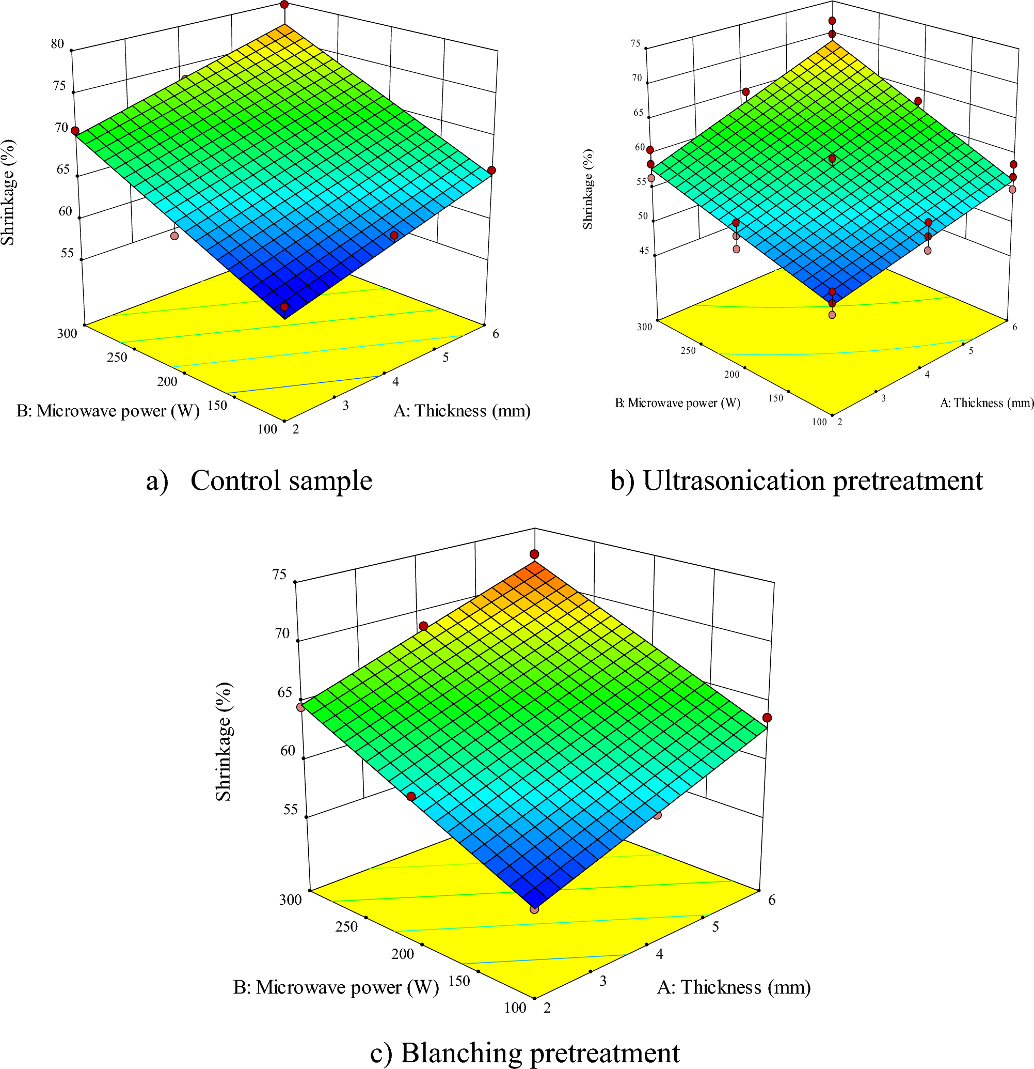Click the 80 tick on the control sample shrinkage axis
[58, 43]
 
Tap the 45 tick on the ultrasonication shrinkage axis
[644, 251]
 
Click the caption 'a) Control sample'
[260, 481]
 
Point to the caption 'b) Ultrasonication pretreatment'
[797, 481]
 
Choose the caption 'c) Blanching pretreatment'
[524, 1052]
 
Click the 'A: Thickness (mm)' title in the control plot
[462, 411]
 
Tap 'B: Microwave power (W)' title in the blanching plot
[336, 987]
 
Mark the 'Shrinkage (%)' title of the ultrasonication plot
[587, 189]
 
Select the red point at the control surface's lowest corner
[284, 307]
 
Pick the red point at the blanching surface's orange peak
[534, 555]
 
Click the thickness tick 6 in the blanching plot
[772, 900]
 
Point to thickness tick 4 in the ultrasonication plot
[927, 375]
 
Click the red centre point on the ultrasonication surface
[832, 158]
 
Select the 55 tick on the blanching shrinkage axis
[291, 809]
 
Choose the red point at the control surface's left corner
[75, 131]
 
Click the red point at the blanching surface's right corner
[767, 718]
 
